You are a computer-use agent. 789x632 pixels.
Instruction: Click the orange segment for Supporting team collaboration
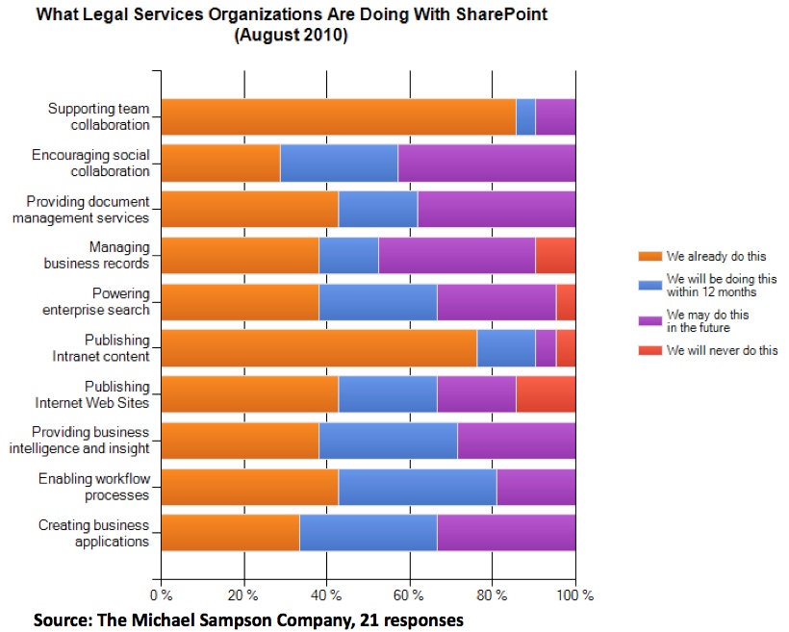[x=338, y=116]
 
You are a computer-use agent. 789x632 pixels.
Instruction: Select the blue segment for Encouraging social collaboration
[x=339, y=163]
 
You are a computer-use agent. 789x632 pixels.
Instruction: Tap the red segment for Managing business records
[x=555, y=255]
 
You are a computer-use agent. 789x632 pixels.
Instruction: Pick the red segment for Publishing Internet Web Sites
[x=546, y=393]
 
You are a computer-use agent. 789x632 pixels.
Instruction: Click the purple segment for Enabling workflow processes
[x=536, y=486]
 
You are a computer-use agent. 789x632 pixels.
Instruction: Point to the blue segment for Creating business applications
[x=369, y=532]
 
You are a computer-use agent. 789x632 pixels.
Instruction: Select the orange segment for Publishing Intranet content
[x=318, y=347]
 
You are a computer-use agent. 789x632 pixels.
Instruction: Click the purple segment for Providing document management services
[x=496, y=209]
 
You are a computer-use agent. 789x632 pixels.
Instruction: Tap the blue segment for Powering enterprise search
[x=378, y=301]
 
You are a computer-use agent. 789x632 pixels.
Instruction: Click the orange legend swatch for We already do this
[x=649, y=257]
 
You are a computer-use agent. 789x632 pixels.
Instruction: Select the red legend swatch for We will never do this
[x=649, y=350]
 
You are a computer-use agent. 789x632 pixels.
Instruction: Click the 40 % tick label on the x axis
[x=326, y=595]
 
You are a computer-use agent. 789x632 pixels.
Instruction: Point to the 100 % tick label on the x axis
[x=575, y=595]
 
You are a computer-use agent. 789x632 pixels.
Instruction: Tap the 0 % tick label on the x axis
[x=161, y=595]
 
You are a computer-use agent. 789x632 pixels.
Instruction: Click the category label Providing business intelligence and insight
[x=80, y=440]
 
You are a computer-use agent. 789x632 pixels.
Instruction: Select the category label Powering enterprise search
[x=96, y=301]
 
